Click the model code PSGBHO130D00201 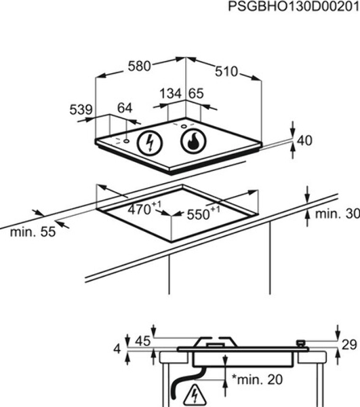(294, 6)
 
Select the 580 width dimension (139, 66)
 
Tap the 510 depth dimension (226, 71)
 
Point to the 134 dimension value (170, 94)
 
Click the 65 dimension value (196, 94)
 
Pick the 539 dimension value (81, 109)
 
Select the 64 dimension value (125, 108)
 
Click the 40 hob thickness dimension (304, 140)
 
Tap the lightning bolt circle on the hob (150, 142)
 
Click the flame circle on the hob (193, 141)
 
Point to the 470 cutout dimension (144, 208)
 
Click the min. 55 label (33, 232)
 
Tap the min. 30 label (338, 214)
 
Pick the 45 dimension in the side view (142, 341)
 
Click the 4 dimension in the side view (117, 349)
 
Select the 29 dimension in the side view (349, 345)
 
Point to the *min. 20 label (257, 379)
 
